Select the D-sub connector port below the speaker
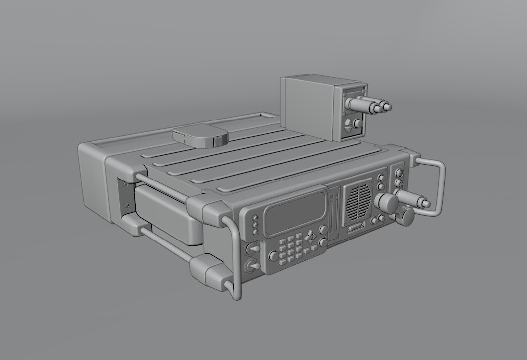[x=357, y=228]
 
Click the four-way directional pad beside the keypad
[x=309, y=237]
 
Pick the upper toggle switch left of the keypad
[x=253, y=248]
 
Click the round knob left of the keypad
[x=273, y=256]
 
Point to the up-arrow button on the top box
[x=349, y=123]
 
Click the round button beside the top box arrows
[x=358, y=123]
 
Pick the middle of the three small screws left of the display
[x=255, y=224]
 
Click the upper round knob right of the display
[x=323, y=230]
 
